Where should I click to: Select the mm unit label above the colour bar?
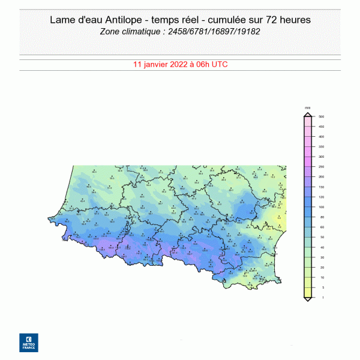pos(308,108)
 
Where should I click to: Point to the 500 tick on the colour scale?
pos(322,116)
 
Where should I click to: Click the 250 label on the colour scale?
pos(322,167)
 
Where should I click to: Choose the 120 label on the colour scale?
pos(322,197)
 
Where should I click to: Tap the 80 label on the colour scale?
pos(321,217)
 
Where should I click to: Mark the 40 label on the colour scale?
pos(321,247)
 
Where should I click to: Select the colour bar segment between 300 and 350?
pos(308,152)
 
